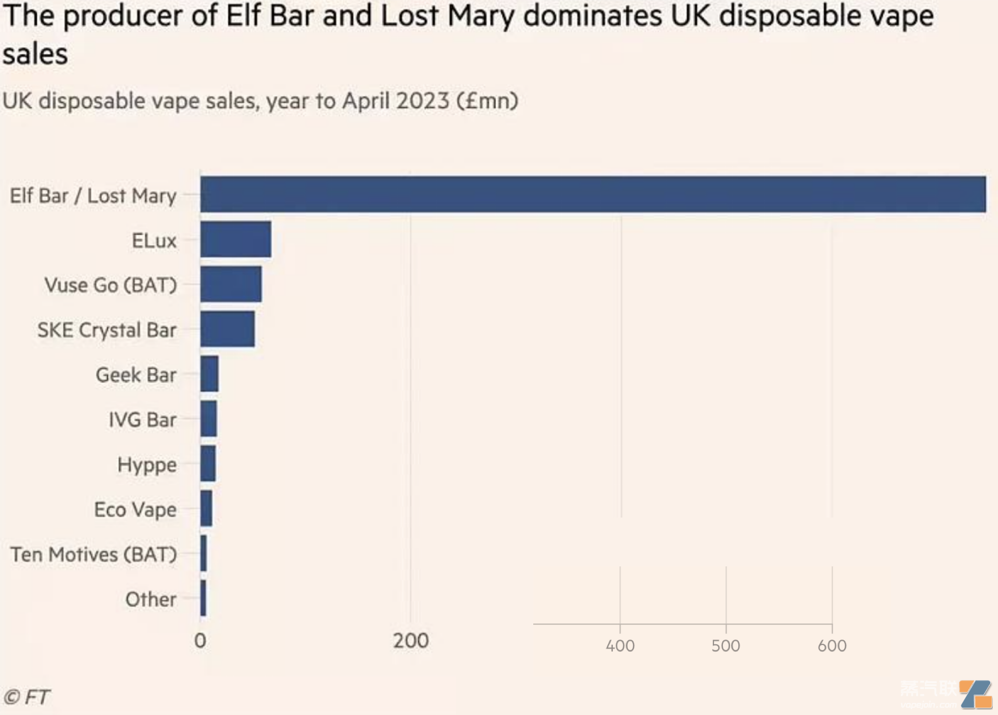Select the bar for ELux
point(236,240)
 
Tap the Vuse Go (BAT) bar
point(231,284)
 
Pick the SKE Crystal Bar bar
point(227,329)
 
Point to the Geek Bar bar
point(209,374)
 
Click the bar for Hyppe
point(208,464)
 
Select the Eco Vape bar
point(206,509)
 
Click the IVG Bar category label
point(142,420)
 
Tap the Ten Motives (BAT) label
point(93,554)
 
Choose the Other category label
point(151,600)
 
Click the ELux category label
point(154,241)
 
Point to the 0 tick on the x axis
point(200,641)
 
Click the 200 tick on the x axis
point(411,641)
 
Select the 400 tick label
point(620,646)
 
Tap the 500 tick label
point(726,646)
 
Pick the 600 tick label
point(832,646)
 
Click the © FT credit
point(27,697)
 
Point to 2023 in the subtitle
point(423,100)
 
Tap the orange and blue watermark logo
point(976,694)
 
